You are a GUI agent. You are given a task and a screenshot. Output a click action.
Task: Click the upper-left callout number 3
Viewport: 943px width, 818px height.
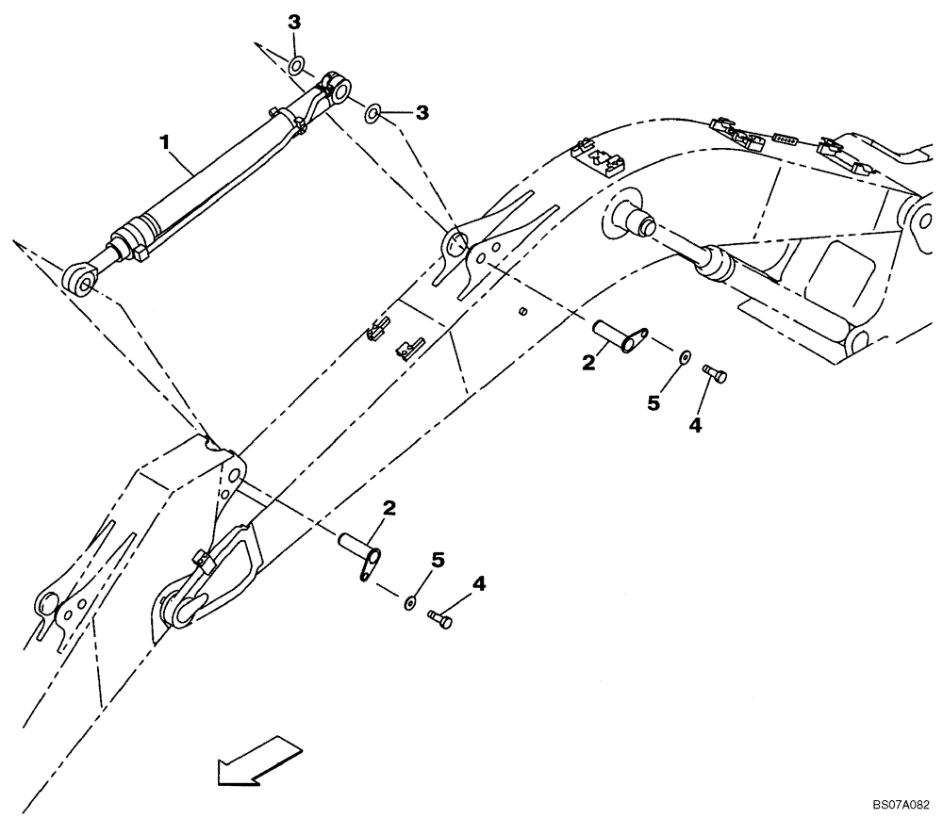point(294,22)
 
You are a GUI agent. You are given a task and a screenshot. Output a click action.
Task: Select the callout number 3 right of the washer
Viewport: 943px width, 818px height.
point(422,112)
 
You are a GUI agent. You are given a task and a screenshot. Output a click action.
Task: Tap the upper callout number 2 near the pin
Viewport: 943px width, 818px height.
point(587,361)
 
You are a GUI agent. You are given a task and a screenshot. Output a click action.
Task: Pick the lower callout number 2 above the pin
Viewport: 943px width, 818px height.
point(389,509)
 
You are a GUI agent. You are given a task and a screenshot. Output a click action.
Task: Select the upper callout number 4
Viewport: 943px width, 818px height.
point(695,425)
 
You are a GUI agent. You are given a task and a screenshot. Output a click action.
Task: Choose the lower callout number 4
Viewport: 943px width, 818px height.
point(479,585)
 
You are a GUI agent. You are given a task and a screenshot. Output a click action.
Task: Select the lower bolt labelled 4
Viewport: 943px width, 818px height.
point(439,619)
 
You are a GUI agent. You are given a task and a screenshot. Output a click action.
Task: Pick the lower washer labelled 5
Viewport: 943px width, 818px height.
point(411,601)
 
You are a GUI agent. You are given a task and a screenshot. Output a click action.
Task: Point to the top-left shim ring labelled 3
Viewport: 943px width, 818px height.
point(295,66)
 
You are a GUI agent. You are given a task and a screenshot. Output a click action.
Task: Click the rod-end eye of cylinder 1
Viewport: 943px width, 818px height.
point(77,278)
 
